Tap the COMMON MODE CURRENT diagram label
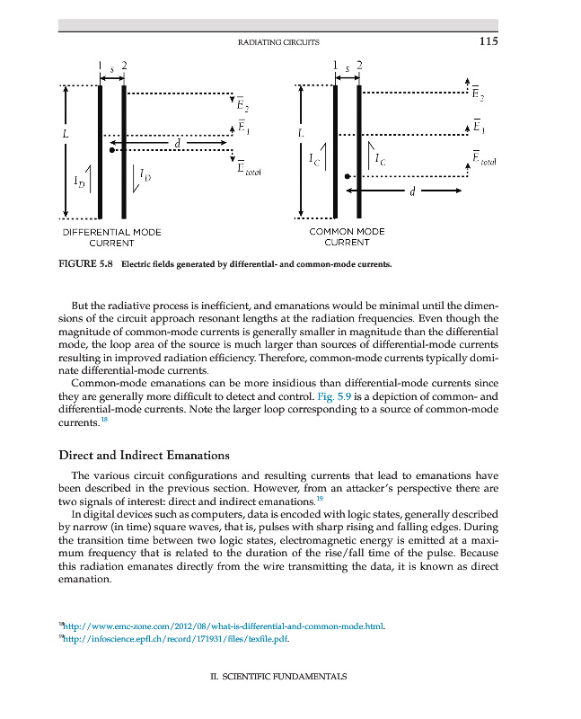point(347,237)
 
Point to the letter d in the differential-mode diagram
point(178,143)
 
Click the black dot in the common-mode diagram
point(349,177)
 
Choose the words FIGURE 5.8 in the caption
point(86,266)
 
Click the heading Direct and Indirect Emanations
point(144,456)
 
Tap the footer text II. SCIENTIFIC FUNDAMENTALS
point(278,676)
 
